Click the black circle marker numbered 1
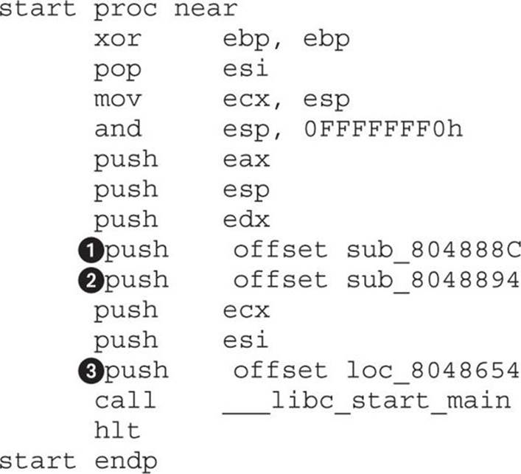click(91, 251)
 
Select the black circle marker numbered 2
click(91, 281)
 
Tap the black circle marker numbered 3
click(91, 371)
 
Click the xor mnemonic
click(118, 39)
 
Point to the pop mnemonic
click(118, 71)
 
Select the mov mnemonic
click(118, 100)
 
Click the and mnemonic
click(119, 128)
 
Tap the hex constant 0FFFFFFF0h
click(383, 129)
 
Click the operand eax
click(246, 160)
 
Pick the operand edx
click(246, 219)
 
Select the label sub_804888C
click(433, 251)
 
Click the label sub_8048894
click(433, 281)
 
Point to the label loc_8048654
click(433, 372)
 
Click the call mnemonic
click(125, 400)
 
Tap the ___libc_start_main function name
click(366, 402)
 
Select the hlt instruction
click(117, 430)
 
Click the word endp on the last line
click(126, 462)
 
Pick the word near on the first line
click(206, 9)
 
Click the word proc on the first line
click(126, 10)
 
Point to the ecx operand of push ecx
click(246, 311)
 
